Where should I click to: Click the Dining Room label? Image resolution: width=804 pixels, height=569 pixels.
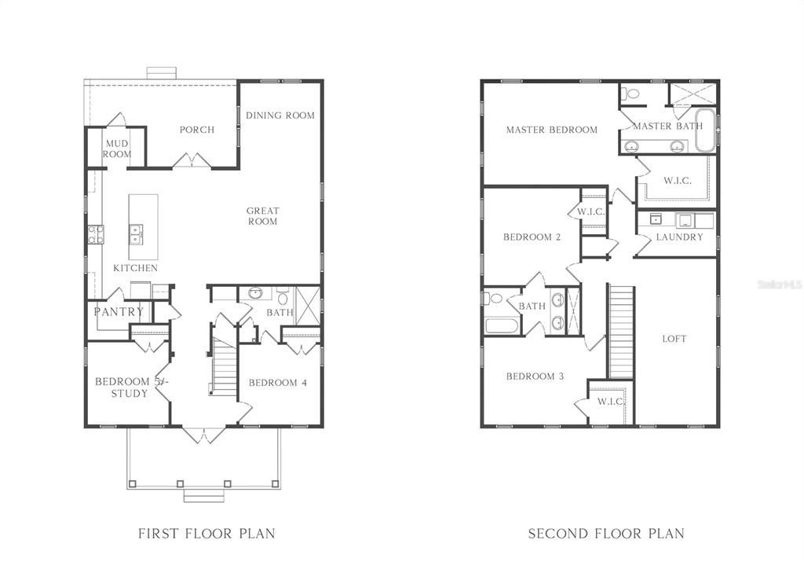[280, 116]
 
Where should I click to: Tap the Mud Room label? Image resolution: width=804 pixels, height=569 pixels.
[117, 149]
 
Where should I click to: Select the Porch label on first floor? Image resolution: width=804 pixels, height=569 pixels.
[196, 130]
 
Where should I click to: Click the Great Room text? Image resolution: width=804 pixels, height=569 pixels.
[262, 216]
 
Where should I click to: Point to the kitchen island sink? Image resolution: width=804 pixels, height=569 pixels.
[136, 232]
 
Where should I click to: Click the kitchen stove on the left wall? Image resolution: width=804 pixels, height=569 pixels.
[95, 233]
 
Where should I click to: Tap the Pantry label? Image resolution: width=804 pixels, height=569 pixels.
[119, 312]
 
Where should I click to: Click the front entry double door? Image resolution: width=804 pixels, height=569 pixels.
[203, 434]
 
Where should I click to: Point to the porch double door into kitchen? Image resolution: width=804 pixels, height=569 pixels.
[192, 161]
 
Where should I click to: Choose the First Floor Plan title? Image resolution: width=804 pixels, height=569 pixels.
[206, 534]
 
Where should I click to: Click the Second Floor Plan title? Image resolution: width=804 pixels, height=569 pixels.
[605, 534]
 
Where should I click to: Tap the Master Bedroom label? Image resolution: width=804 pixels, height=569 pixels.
[551, 130]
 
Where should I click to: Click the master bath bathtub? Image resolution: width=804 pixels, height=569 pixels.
[704, 130]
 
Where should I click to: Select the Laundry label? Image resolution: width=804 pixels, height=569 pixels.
[679, 237]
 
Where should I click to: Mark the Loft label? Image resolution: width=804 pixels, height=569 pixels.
[674, 339]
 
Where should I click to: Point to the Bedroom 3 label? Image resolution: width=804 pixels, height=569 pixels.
[535, 376]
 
